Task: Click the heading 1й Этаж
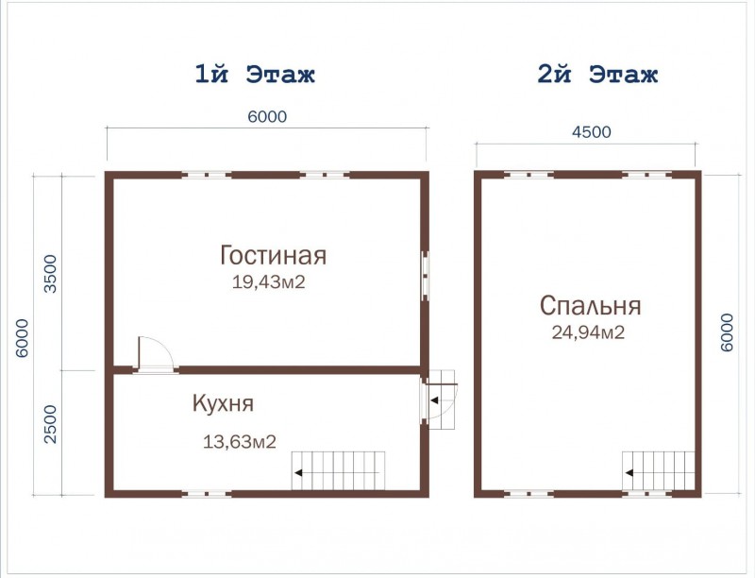[255, 75]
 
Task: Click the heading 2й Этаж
[597, 75]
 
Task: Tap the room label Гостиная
[273, 255]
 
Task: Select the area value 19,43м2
[269, 281]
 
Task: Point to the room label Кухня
[223, 403]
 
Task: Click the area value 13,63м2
[240, 441]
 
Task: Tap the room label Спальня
[591, 306]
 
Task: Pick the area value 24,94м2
[588, 332]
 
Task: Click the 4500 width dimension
[592, 132]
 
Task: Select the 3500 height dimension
[50, 274]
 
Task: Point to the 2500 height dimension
[50, 424]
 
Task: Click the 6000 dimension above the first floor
[267, 116]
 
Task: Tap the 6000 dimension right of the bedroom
[727, 332]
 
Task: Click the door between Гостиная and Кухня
[156, 355]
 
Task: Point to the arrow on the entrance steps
[434, 400]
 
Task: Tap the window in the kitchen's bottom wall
[206, 494]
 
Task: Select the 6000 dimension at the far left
[22, 338]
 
